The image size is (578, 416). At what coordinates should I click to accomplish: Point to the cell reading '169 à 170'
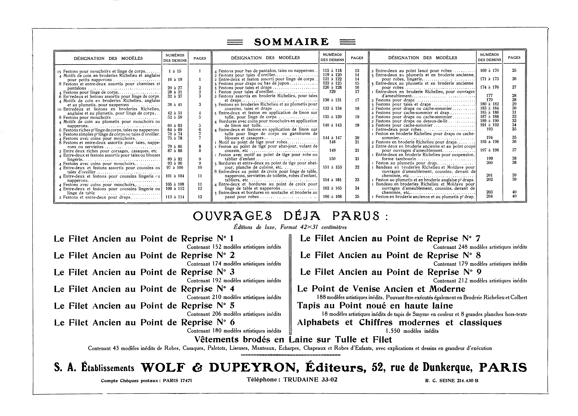(x=489, y=71)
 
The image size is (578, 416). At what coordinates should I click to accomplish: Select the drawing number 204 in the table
(x=489, y=196)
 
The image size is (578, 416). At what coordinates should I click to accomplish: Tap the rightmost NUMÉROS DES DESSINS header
(x=489, y=57)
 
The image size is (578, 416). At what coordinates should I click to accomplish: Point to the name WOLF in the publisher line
(x=162, y=368)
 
